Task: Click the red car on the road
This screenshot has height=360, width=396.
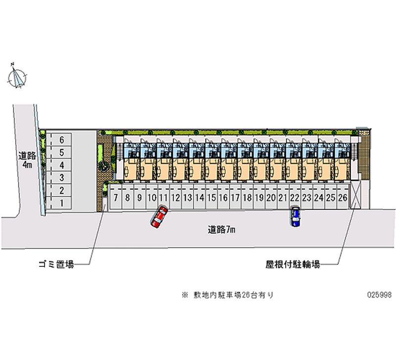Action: pyautogui.click(x=159, y=217)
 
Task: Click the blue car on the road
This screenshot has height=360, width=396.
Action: pyautogui.click(x=296, y=217)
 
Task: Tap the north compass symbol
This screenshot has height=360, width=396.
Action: pyautogui.click(x=18, y=77)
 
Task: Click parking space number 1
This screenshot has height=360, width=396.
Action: pyautogui.click(x=62, y=203)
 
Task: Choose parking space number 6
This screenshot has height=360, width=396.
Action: pyautogui.click(x=62, y=140)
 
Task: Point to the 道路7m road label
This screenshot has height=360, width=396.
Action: pyautogui.click(x=221, y=229)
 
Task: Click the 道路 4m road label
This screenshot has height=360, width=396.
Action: pyautogui.click(x=26, y=159)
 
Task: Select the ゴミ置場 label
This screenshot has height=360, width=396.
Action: pyautogui.click(x=56, y=265)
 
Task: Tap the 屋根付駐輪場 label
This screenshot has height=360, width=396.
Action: pyautogui.click(x=292, y=265)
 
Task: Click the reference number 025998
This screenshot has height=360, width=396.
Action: pyautogui.click(x=380, y=295)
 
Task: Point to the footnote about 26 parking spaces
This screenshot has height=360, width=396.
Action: pyautogui.click(x=227, y=295)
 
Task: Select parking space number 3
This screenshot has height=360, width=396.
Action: pyautogui.click(x=62, y=177)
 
